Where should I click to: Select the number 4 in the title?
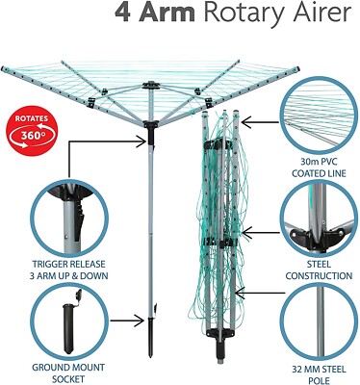click(122, 13)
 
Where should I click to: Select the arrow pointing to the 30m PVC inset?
click(258, 121)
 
